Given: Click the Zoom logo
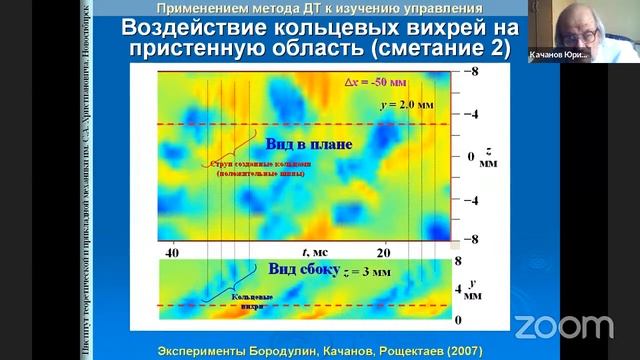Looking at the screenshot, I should pyautogui.click(x=563, y=326).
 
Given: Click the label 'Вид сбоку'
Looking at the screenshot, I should pyautogui.click(x=299, y=269).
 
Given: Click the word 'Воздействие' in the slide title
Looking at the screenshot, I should pyautogui.click(x=206, y=28).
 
